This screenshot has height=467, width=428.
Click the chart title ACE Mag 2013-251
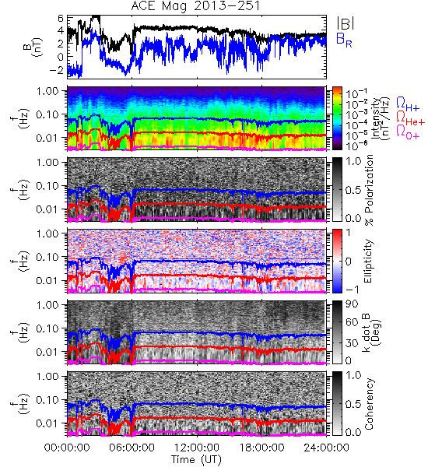click(x=195, y=6)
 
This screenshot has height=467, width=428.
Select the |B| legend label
click(x=346, y=23)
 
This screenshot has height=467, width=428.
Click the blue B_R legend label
click(x=344, y=40)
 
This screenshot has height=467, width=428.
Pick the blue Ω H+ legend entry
click(x=408, y=104)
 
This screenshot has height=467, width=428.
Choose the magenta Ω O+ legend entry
click(x=408, y=132)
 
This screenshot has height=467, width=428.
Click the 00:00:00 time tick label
click(x=67, y=448)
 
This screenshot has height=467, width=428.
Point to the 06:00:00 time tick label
click(x=132, y=448)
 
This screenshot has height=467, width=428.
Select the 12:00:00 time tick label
click(x=197, y=448)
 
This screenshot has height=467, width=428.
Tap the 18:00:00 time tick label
click(x=261, y=448)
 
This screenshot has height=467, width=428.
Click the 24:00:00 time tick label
click(x=326, y=448)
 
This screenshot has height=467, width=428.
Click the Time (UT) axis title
click(x=197, y=459)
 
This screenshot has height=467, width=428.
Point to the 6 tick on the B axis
click(x=61, y=19)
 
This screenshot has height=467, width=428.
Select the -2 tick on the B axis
click(x=57, y=71)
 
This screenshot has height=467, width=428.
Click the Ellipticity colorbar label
click(x=368, y=261)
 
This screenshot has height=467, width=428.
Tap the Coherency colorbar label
click(x=369, y=404)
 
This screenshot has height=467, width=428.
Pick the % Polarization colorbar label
click(x=369, y=190)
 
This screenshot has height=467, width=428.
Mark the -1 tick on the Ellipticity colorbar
click(x=352, y=290)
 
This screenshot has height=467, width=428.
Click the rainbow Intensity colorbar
click(x=337, y=118)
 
